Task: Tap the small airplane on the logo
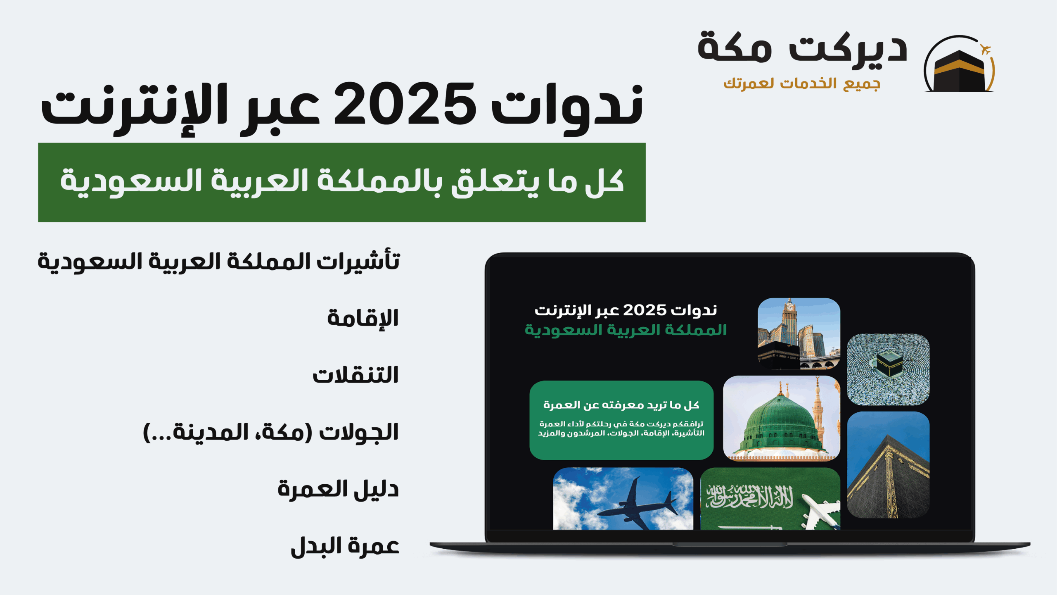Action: pyautogui.click(x=986, y=50)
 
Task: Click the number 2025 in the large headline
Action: pyautogui.click(x=405, y=104)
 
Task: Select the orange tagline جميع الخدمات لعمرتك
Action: pyautogui.click(x=802, y=83)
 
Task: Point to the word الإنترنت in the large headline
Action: pyautogui.click(x=134, y=108)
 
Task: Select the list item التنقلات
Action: pyautogui.click(x=355, y=375)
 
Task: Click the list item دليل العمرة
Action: pyautogui.click(x=338, y=489)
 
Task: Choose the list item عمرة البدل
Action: pyautogui.click(x=345, y=546)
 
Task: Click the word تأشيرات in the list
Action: pyautogui.click(x=358, y=261)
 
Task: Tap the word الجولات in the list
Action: pyautogui.click(x=359, y=433)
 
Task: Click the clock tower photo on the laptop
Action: pyautogui.click(x=799, y=333)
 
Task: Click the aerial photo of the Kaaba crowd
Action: pyautogui.click(x=888, y=369)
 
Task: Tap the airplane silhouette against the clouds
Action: pyautogui.click(x=636, y=505)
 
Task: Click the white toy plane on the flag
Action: pyautogui.click(x=820, y=512)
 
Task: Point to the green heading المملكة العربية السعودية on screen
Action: pyautogui.click(x=626, y=330)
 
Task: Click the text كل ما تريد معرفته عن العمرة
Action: pyautogui.click(x=621, y=405)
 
